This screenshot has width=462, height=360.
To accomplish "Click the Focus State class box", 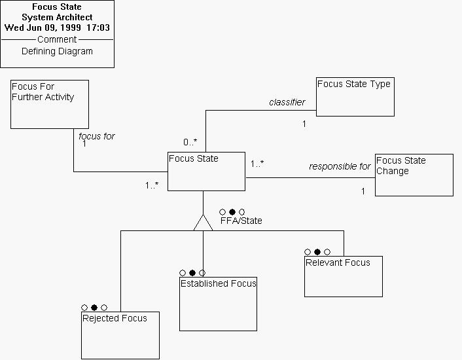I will [206, 171].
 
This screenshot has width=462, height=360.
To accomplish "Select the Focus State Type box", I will [355, 97].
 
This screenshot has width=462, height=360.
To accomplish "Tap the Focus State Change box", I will [414, 175].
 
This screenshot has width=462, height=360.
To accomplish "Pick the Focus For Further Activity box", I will [49, 104].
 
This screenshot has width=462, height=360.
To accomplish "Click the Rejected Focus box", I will [120, 335].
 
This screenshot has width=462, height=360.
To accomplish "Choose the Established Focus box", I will [218, 304].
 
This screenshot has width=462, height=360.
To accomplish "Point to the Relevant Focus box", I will [343, 276].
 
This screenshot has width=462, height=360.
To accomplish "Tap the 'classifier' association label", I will [287, 102].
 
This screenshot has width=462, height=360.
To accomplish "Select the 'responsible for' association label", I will [340, 166].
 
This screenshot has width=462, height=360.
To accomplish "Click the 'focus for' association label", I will [96, 136].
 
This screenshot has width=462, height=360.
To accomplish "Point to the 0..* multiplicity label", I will [190, 142].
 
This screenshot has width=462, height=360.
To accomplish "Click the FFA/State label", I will [241, 221].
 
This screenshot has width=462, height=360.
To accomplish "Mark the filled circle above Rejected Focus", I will [94, 307].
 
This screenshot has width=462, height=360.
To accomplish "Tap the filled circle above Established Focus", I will [192, 273].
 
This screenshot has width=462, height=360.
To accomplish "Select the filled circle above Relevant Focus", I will [317, 252].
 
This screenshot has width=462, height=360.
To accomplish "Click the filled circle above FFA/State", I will [232, 212].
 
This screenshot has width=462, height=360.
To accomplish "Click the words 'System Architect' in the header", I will [57, 17].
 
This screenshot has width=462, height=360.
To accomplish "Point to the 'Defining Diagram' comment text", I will [57, 51].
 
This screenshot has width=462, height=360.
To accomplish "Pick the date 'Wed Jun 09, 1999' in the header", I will [43, 27].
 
